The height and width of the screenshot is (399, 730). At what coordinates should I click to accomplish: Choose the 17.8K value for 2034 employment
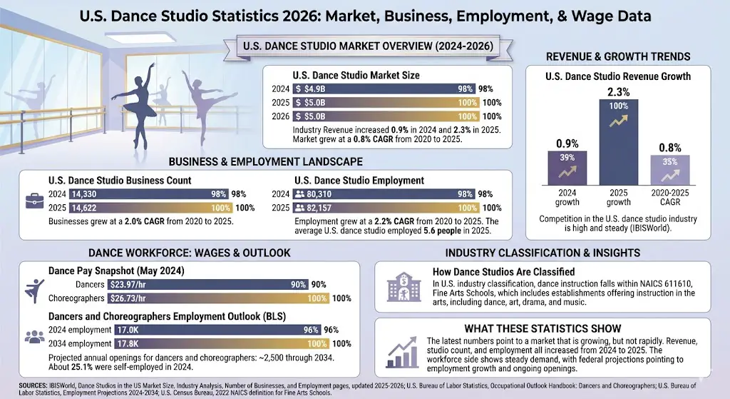129,343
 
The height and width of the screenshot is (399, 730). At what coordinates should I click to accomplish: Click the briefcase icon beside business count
33,201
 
